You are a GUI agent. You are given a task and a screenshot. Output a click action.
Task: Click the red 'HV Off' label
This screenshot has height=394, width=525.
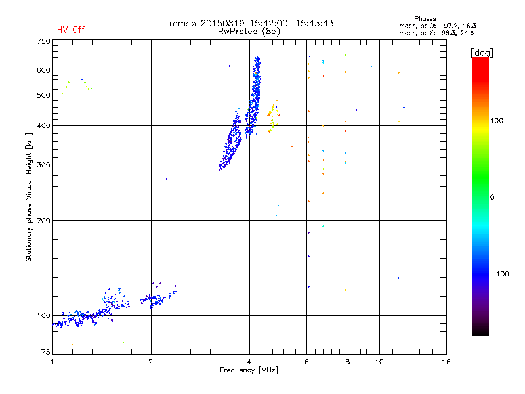click(x=71, y=30)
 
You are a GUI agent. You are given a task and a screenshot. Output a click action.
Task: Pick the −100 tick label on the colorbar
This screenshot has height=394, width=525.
click(x=500, y=274)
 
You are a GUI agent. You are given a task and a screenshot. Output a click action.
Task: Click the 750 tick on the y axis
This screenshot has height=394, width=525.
click(x=43, y=41)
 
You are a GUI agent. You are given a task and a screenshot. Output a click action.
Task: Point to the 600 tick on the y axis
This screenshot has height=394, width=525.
click(x=43, y=70)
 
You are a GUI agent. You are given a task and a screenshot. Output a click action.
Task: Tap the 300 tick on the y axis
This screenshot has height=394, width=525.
click(x=43, y=165)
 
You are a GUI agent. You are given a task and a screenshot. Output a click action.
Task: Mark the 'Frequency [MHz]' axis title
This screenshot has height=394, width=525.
click(x=249, y=371)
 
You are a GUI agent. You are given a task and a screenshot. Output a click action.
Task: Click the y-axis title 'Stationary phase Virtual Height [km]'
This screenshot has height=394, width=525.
click(x=29, y=197)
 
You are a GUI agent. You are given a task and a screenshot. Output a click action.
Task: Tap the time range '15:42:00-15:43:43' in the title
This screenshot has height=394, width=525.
click(x=286, y=23)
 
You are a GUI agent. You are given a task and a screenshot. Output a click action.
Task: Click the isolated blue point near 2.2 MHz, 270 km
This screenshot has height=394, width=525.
click(x=167, y=179)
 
